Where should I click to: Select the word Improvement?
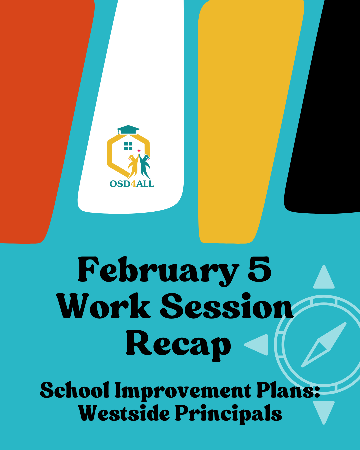click(183, 391)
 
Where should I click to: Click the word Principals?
click(229, 414)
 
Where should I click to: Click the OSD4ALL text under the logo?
click(132, 184)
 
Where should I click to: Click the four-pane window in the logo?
click(128, 146)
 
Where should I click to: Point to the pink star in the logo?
click(139, 151)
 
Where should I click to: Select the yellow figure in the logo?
click(133, 166)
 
